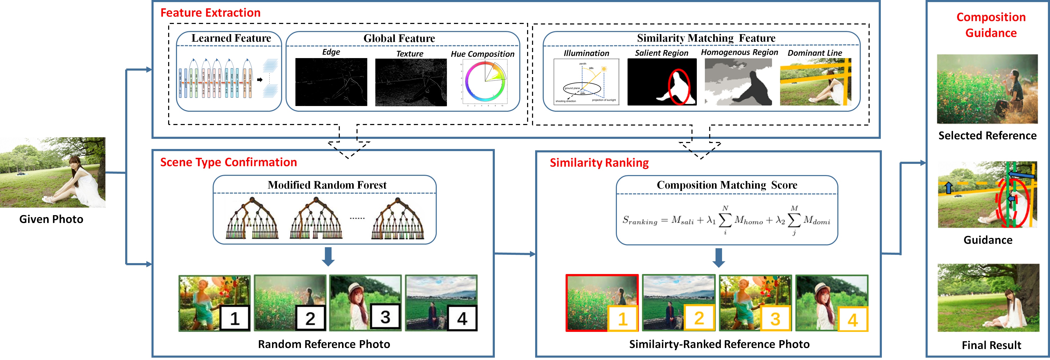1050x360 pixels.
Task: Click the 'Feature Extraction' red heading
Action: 210,13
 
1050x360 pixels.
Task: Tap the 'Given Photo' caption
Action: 51,219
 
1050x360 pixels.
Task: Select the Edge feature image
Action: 331,82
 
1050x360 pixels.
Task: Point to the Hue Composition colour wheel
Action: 485,82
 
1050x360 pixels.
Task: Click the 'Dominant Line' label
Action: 814,53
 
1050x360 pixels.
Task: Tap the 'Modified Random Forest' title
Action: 327,185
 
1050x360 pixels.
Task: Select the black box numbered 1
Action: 235,318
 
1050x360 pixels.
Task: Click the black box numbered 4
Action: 462,318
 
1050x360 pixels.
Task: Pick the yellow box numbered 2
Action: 699,318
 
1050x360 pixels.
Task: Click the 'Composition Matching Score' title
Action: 727,185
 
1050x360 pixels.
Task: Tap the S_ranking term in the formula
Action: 640,221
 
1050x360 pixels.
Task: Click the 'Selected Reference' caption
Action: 987,136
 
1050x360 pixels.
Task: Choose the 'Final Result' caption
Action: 991,345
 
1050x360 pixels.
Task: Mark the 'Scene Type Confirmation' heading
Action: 228,162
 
